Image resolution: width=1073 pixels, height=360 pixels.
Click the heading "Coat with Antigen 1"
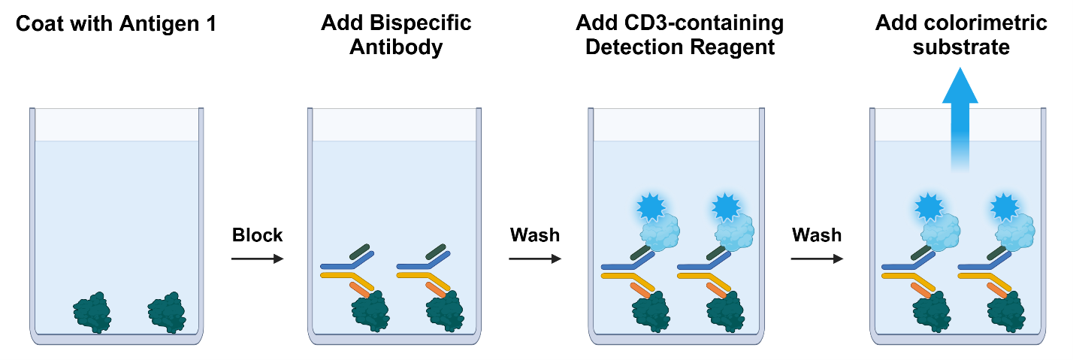coord(116,23)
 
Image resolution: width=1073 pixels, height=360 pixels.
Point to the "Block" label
coord(257,235)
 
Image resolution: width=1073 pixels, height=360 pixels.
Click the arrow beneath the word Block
coord(257,259)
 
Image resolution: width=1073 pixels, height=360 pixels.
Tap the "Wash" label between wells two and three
coord(535,235)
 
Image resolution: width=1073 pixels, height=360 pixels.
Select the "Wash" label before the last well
coord(817,235)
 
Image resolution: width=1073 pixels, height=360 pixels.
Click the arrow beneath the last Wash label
coord(817,259)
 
